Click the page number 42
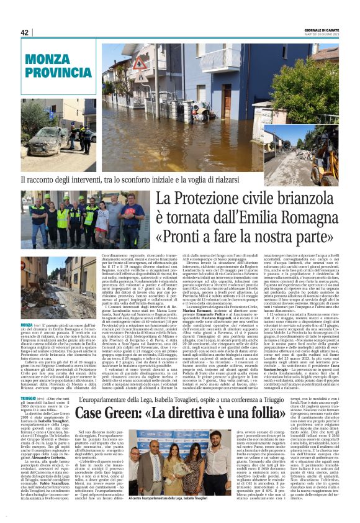click(x=25, y=33)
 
